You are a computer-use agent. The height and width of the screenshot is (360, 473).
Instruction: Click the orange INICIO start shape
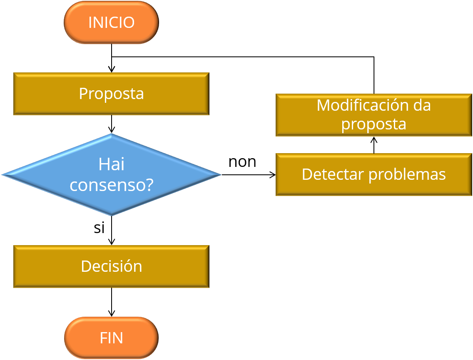(x=111, y=22)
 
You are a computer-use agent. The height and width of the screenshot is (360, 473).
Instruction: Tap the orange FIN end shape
(x=111, y=338)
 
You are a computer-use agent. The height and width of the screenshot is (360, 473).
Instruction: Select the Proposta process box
(x=111, y=94)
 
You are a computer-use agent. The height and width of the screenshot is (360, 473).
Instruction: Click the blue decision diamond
(x=111, y=175)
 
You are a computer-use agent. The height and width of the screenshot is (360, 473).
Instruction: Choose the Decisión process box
(x=111, y=266)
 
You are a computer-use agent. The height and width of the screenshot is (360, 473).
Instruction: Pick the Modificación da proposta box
(x=373, y=115)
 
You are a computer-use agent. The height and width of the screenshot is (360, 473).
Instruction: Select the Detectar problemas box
(x=373, y=174)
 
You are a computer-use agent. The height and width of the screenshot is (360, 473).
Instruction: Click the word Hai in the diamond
(x=111, y=165)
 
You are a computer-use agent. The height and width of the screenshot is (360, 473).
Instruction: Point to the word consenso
(x=107, y=185)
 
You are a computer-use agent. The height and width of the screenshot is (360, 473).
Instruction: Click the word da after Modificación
(x=422, y=105)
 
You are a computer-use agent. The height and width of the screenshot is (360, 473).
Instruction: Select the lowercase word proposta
(x=373, y=124)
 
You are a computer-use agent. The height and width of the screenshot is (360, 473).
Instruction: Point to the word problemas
(x=407, y=174)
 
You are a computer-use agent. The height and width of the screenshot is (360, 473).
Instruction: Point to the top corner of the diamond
(x=111, y=135)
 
